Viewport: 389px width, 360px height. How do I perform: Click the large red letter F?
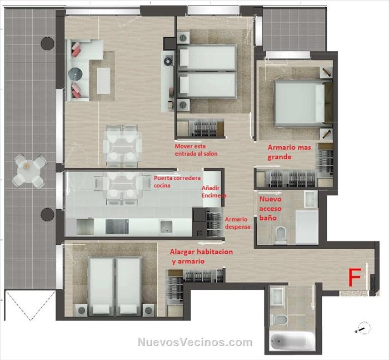click(x=355, y=277)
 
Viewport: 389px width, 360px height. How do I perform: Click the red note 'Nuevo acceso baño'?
click(x=271, y=209)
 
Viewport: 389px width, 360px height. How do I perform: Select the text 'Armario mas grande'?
click(x=289, y=152)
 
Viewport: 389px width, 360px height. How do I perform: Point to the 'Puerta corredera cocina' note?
click(x=177, y=182)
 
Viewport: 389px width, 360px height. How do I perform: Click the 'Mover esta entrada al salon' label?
click(x=196, y=150)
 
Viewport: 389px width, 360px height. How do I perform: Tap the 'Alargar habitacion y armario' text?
click(x=201, y=257)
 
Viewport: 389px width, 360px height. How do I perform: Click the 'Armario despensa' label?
click(x=237, y=223)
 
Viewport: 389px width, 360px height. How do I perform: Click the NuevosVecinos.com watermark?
click(x=195, y=342)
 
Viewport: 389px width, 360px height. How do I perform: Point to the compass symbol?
click(x=362, y=328)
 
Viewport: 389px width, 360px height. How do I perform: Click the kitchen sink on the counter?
click(x=166, y=226)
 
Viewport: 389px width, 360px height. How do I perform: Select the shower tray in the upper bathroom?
click(x=307, y=227)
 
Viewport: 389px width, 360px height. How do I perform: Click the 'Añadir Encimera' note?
click(x=213, y=192)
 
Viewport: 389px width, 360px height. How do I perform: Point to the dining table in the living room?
click(x=122, y=145)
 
